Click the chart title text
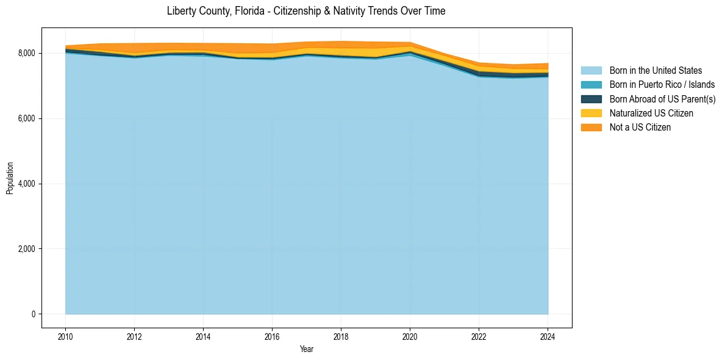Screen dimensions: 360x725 click(306, 11)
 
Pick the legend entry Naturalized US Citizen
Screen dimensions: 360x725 click(651, 113)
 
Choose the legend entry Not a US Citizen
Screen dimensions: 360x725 click(640, 127)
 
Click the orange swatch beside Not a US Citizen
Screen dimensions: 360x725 click(591, 127)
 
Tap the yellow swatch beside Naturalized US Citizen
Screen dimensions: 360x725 click(591, 113)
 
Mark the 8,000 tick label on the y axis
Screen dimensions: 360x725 click(26, 54)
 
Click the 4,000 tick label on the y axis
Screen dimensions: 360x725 click(26, 184)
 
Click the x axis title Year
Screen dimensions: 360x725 click(307, 349)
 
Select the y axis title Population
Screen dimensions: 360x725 click(10, 178)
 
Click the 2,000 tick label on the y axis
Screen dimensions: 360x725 click(26, 249)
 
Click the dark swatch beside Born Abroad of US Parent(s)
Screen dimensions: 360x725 click(591, 99)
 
